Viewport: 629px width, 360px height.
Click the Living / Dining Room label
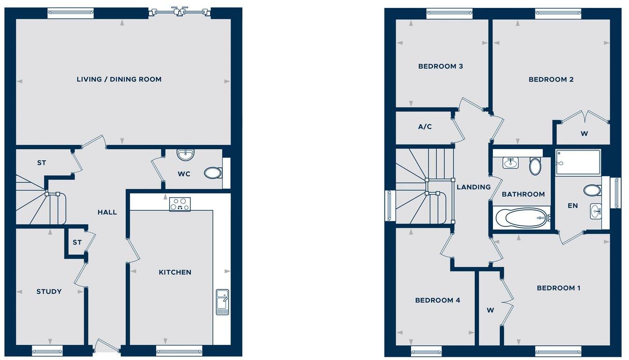[x=119, y=79]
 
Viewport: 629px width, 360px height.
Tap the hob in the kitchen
[x=180, y=204]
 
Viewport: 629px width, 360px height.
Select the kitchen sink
[x=222, y=302]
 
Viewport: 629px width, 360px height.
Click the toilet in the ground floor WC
[x=213, y=173]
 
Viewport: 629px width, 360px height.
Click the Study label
[x=49, y=292]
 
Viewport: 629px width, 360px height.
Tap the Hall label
[x=107, y=212]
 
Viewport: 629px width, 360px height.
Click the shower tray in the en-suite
[x=578, y=162]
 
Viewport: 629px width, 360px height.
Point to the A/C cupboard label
[x=425, y=127]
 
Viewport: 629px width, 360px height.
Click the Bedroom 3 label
[x=441, y=66]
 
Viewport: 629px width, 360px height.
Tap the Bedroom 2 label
[x=551, y=79]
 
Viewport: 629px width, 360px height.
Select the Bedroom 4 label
[x=438, y=300]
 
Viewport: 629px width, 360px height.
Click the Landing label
[x=474, y=187]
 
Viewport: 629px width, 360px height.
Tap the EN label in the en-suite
[x=572, y=205]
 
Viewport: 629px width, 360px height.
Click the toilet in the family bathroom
[x=535, y=166]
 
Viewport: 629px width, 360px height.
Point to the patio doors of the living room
[x=179, y=13]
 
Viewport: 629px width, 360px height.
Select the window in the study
[x=47, y=350]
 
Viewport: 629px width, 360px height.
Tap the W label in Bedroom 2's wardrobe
[x=584, y=134]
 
